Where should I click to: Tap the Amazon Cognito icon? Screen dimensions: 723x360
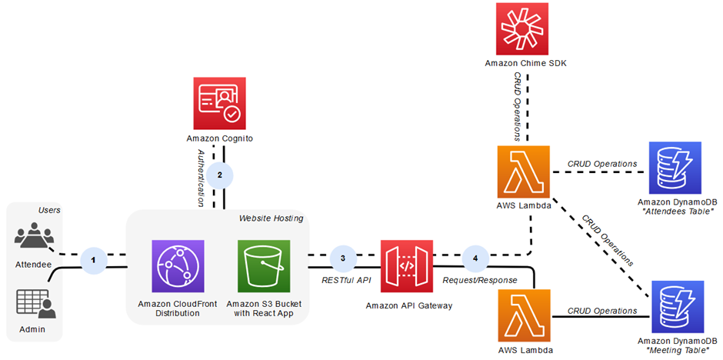click(x=219, y=103)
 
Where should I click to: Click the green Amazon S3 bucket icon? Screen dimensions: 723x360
click(x=264, y=266)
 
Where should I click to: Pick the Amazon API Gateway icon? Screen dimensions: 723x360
click(x=407, y=266)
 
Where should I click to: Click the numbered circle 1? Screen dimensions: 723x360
click(x=94, y=260)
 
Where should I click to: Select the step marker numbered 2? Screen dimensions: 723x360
click(x=220, y=175)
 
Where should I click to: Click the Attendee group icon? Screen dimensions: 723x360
click(x=34, y=234)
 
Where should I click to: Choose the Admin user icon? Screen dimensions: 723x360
click(x=35, y=304)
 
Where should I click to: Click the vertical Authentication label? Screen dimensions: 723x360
click(x=201, y=179)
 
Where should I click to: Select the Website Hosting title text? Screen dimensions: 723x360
click(x=271, y=218)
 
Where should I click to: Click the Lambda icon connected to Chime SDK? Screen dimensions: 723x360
click(x=525, y=172)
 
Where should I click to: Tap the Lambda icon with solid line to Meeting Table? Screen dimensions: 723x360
click(x=525, y=315)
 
